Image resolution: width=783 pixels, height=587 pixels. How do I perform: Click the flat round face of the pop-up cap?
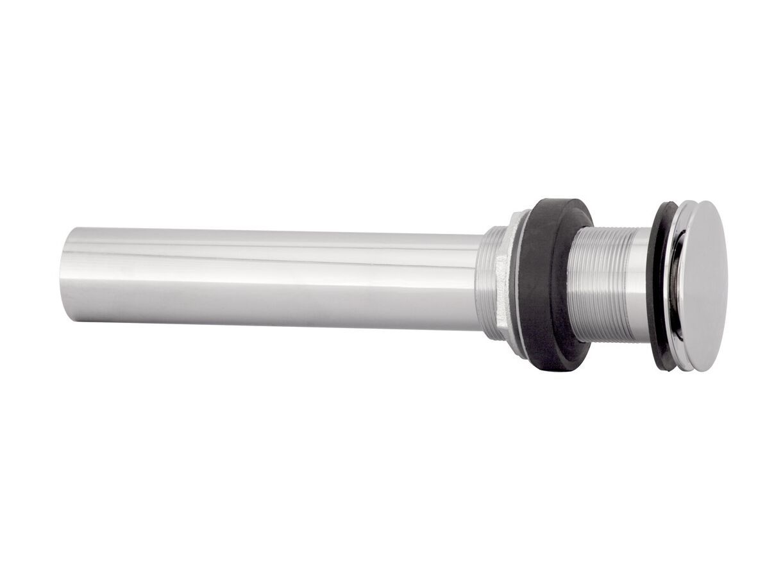(x=704, y=286)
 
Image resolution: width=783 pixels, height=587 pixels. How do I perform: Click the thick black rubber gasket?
(x=545, y=285)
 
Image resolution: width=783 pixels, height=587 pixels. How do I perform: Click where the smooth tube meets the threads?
(x=482, y=283)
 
